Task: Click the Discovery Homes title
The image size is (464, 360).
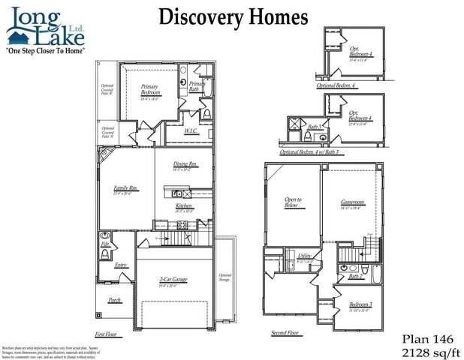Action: pos(233,17)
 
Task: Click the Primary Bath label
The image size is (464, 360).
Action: pos(197,86)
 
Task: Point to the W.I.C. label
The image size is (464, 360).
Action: pos(191,131)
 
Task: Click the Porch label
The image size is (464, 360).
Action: pos(115,300)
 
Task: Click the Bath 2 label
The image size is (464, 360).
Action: pos(355,277)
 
